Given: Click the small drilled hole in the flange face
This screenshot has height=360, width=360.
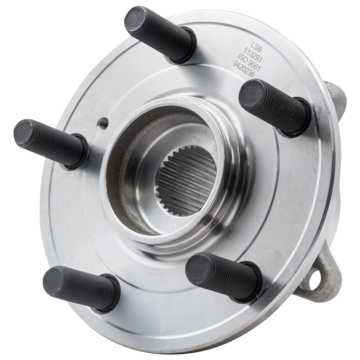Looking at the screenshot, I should point(99,124).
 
